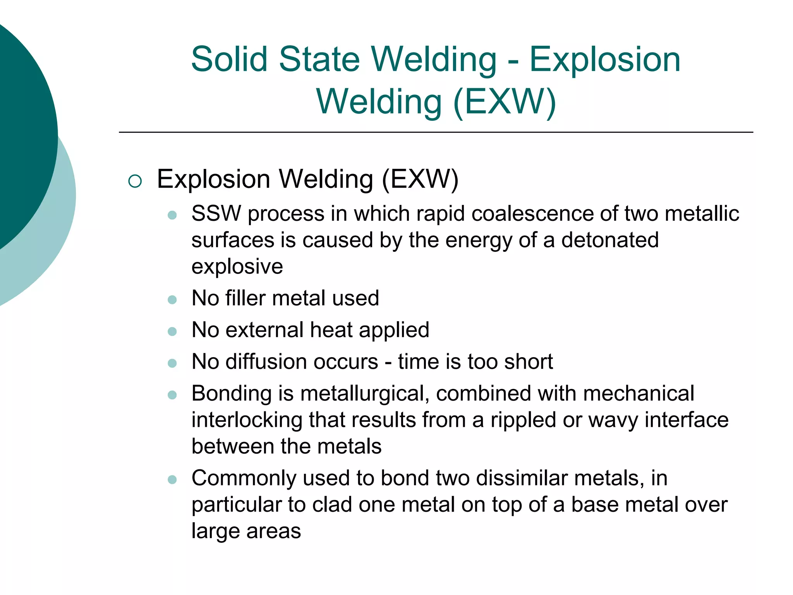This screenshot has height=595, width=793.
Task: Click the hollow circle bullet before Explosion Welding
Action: coord(135,181)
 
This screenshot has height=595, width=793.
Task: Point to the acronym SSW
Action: coord(216,213)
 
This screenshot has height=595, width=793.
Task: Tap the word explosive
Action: coord(237,267)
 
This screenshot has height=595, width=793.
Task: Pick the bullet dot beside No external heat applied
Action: coord(172,332)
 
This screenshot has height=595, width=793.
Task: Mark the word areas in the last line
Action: coord(273,531)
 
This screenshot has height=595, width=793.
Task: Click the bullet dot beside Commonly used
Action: coord(172,480)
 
